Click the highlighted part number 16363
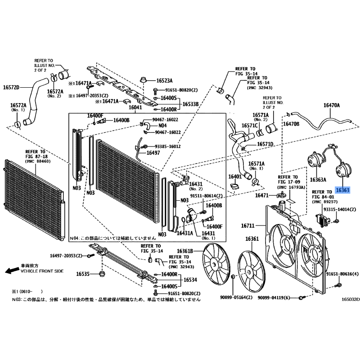[x=343, y=190]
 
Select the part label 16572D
[x=12, y=87]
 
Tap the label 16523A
[x=165, y=81]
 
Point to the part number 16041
[x=135, y=108]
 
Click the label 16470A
[x=332, y=105]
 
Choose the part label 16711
[x=247, y=225]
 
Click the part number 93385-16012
[x=168, y=146]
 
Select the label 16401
[x=235, y=177]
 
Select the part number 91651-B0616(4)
[x=342, y=274]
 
